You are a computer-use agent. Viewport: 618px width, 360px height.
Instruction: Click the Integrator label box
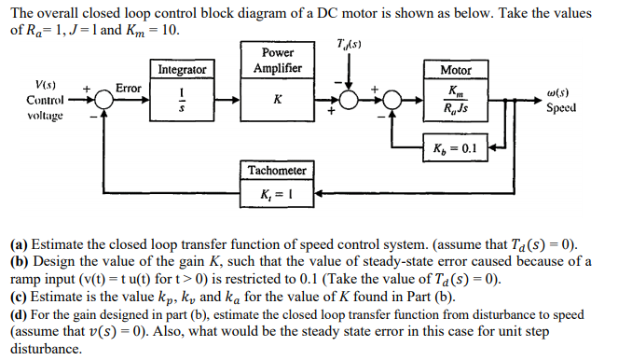[x=182, y=70]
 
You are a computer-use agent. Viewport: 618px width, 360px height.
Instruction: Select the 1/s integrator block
[x=182, y=97]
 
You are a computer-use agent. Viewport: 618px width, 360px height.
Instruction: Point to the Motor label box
[x=455, y=70]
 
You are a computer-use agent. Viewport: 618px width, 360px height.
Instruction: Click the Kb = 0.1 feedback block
[x=455, y=148]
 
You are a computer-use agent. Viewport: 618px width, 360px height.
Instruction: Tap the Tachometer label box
[x=277, y=171]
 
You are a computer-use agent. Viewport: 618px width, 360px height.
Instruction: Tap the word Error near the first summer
[x=128, y=87]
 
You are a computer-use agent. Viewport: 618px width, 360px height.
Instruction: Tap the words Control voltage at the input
[x=44, y=106]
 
